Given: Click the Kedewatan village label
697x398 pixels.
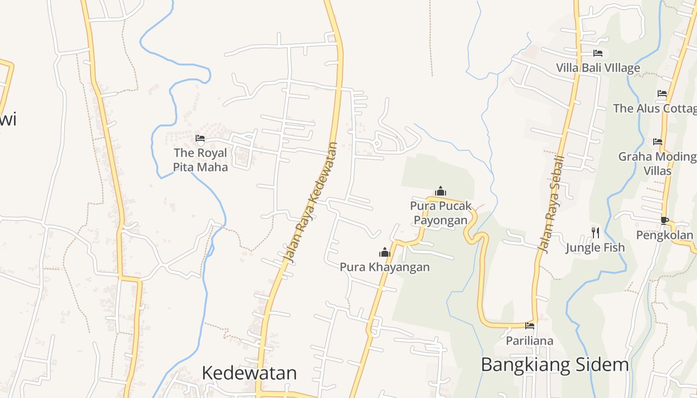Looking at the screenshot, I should tap(249, 373).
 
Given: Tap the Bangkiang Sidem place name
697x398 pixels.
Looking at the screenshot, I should tap(555, 365).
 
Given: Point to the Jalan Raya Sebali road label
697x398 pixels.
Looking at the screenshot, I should tap(551, 204).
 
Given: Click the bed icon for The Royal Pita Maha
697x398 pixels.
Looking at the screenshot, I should tap(200, 138).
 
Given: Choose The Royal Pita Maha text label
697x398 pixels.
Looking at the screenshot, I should tap(200, 160).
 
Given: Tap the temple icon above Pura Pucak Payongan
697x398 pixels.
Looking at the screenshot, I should tap(441, 191).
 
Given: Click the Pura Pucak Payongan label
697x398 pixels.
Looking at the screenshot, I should tap(441, 213).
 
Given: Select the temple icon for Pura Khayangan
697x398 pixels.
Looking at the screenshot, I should tap(385, 253).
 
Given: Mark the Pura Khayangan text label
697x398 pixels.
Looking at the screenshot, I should tap(384, 267).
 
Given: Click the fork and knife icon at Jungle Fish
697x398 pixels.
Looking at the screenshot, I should tap(595, 232).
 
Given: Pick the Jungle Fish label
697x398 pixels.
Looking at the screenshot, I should tap(595, 247).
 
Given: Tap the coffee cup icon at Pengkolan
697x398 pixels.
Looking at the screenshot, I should tap(664, 220).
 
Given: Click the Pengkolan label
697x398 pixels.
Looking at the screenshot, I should tap(664, 235).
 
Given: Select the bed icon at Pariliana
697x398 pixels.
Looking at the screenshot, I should tap(530, 326).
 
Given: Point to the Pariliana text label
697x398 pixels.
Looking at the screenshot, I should tap(530, 341).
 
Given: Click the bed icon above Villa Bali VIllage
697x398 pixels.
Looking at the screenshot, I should tap(598, 53).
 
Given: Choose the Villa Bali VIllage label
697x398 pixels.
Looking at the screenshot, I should tap(598, 68).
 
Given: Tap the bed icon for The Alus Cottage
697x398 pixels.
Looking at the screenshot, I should tap(662, 94).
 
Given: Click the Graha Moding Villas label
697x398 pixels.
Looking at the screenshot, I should tap(657, 164).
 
